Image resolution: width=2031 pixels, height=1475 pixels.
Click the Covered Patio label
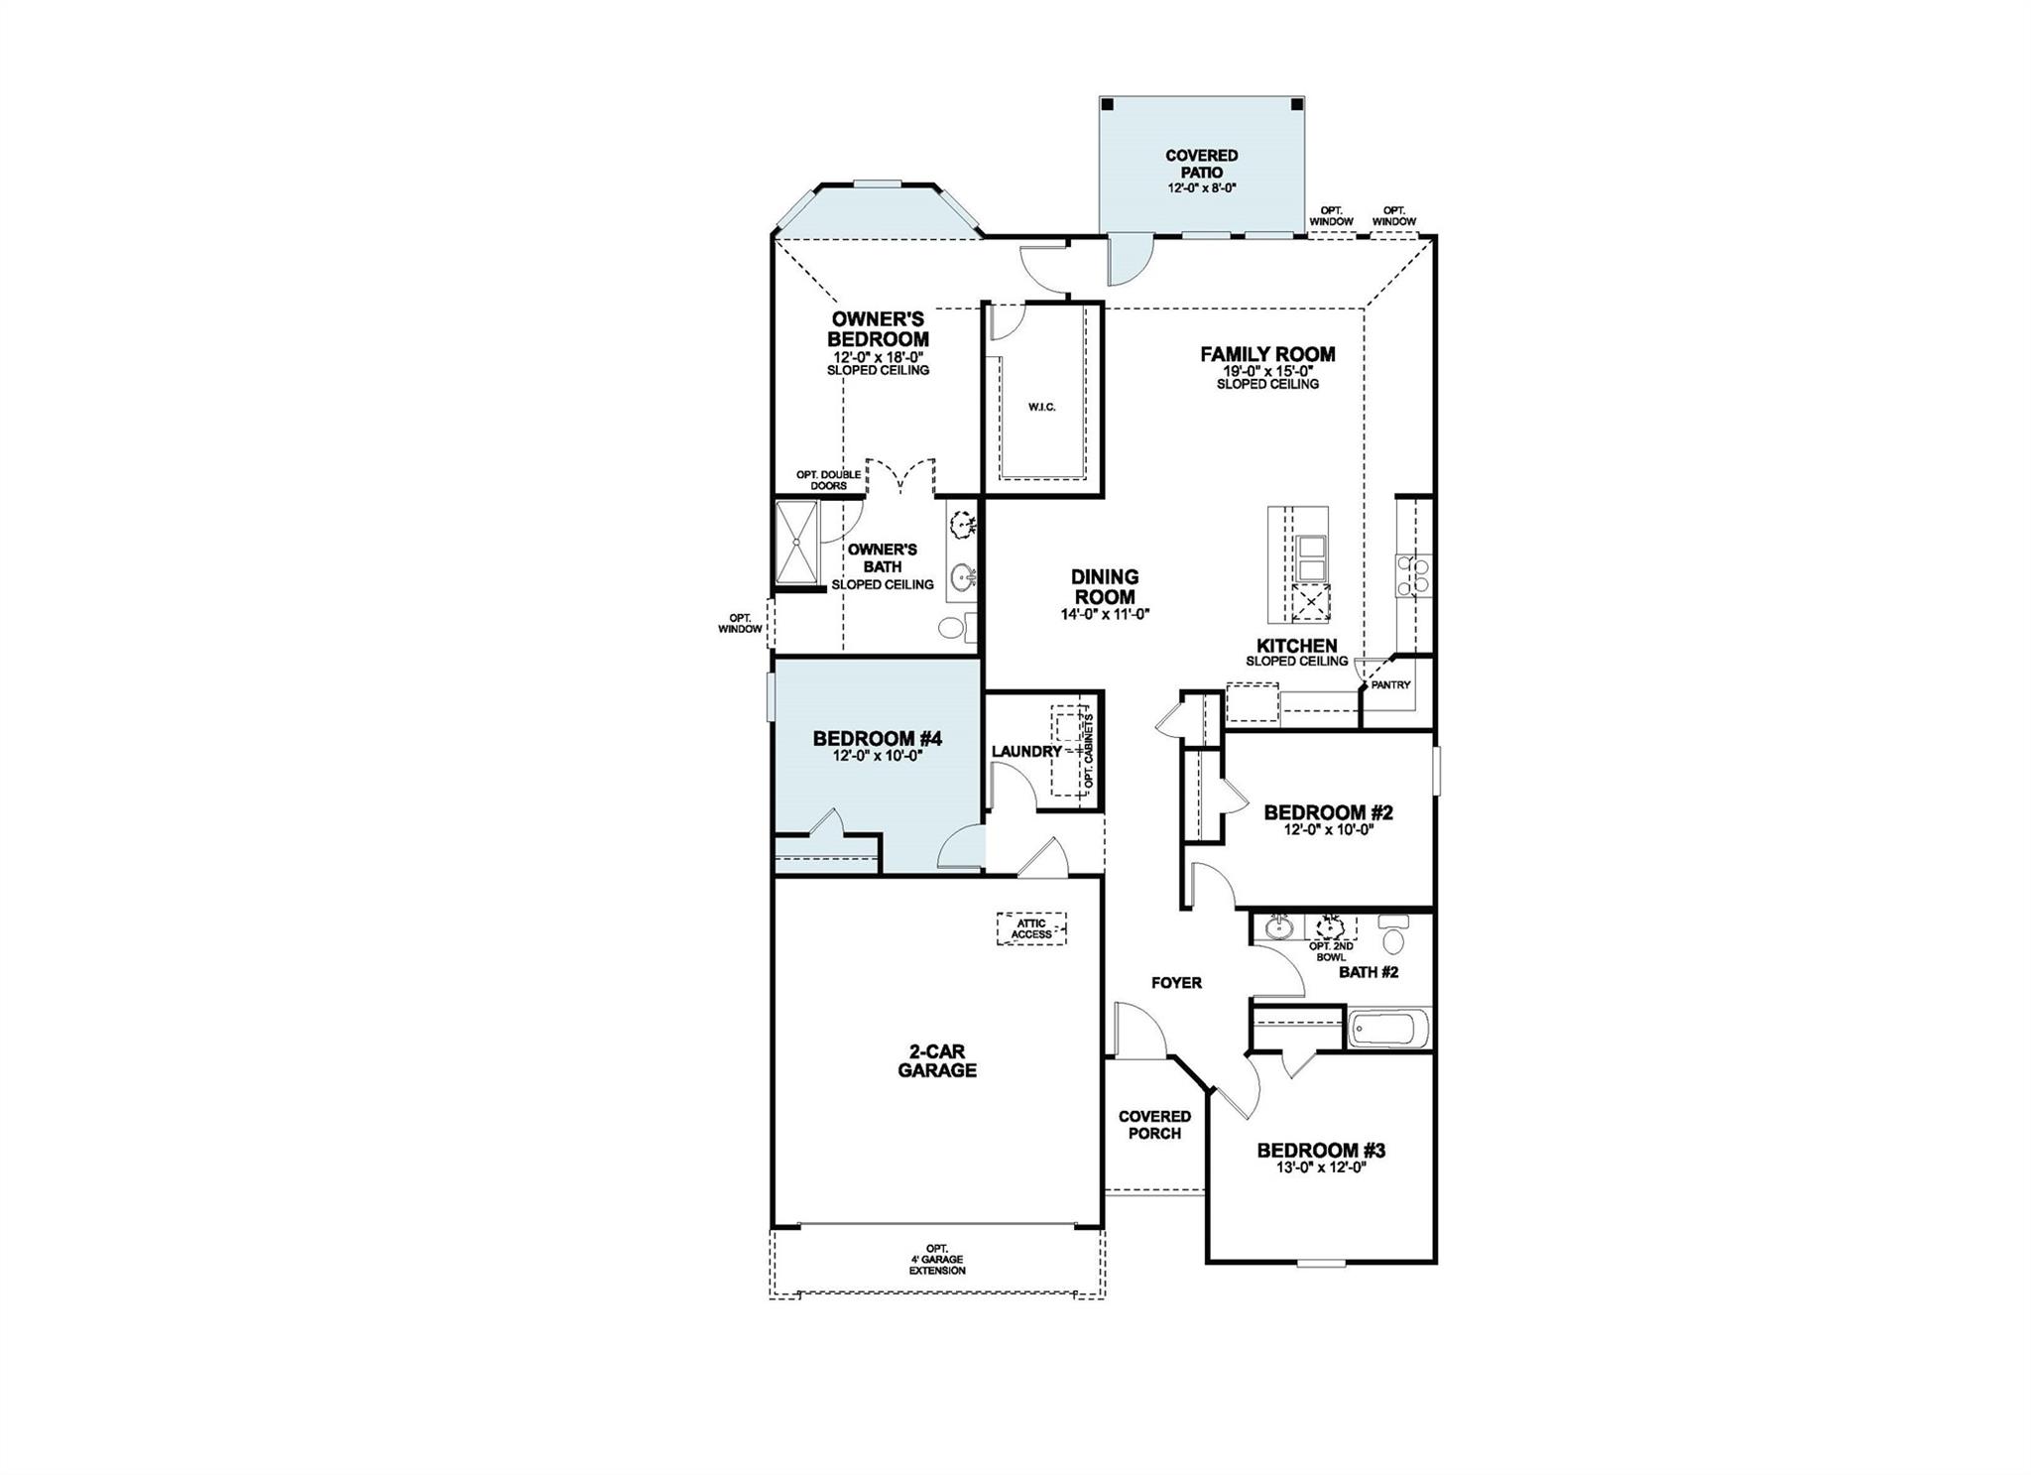click(1201, 164)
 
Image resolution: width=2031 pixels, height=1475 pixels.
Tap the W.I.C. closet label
click(1041, 407)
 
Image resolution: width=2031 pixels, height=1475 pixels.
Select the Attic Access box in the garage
click(1031, 928)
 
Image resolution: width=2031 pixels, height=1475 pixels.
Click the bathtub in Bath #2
click(1388, 1028)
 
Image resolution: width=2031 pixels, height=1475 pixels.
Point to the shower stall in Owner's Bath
click(796, 542)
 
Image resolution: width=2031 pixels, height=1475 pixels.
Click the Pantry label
click(1390, 684)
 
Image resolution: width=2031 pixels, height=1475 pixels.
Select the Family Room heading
click(1267, 354)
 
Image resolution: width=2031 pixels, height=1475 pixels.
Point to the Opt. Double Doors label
click(828, 480)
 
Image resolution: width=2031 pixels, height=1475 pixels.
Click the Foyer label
click(1176, 983)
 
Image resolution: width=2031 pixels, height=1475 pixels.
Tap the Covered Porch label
click(1154, 1125)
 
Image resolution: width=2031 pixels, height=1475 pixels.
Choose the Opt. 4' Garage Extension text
click(937, 1260)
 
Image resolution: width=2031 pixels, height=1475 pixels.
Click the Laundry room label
click(1026, 751)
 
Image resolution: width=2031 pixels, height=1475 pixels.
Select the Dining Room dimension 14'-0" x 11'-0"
click(1105, 614)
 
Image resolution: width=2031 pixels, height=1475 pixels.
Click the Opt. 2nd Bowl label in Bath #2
click(1331, 952)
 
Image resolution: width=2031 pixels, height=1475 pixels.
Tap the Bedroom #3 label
click(1321, 1151)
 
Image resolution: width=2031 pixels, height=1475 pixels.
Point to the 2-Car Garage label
click(937, 1060)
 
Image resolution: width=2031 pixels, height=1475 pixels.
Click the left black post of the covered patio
click(1109, 104)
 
